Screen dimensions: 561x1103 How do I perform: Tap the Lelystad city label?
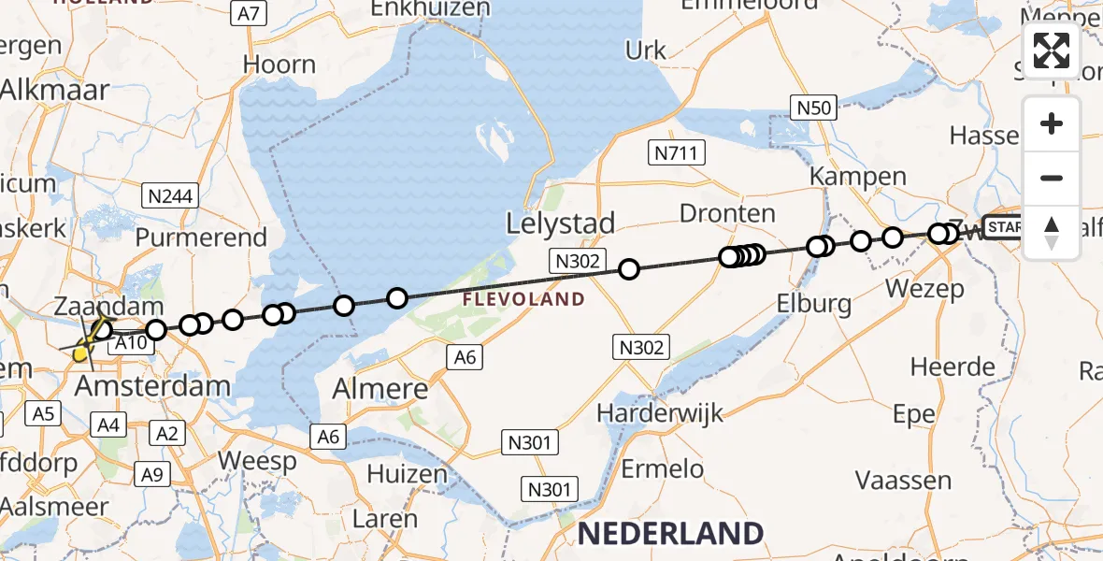[x=561, y=223]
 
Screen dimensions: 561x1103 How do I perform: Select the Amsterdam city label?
[x=151, y=385]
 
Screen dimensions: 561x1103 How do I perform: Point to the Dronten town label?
[x=727, y=213]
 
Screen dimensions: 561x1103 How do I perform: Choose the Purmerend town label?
[x=202, y=237]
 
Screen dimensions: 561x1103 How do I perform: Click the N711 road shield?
[x=677, y=152]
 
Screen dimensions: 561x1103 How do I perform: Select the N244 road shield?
[x=169, y=195]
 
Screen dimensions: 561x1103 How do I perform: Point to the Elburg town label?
[x=815, y=304]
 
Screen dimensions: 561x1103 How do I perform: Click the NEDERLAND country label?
[x=671, y=534]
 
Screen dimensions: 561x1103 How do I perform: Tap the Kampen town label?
[x=858, y=176]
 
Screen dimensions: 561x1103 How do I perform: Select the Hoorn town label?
[x=279, y=65]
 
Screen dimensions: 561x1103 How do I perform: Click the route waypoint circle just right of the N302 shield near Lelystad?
[x=629, y=269]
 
